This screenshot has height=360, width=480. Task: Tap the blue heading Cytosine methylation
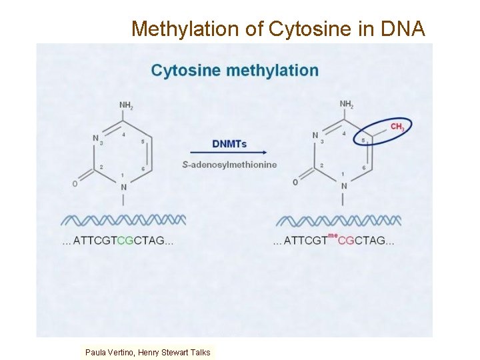point(235,70)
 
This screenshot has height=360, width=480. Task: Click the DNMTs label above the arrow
point(229,143)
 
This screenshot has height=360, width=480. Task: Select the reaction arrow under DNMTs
point(229,153)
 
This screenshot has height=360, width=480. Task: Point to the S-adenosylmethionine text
point(229,165)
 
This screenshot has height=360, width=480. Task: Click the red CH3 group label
point(397,127)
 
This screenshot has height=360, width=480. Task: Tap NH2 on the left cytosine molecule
point(126,105)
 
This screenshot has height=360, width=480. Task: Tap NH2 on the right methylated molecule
point(347,104)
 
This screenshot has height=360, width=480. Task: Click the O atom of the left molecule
point(75,183)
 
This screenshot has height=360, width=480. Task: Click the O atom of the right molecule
point(295,183)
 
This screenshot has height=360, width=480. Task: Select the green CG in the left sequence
point(125,241)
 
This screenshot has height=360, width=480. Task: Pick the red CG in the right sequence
point(346,241)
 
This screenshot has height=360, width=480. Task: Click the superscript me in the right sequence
point(333,235)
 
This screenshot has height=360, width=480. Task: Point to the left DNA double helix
point(123,220)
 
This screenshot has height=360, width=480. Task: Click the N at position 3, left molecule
point(95,138)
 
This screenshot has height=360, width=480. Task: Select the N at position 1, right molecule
point(344,186)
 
